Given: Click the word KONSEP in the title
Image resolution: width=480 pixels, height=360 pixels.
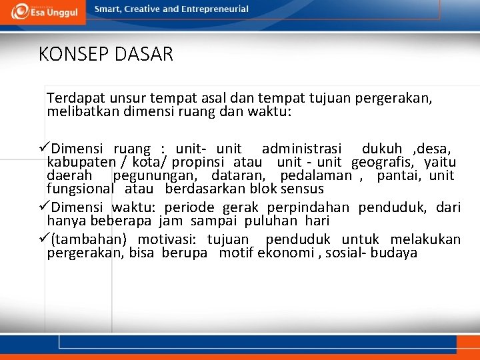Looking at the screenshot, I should click(x=66, y=54).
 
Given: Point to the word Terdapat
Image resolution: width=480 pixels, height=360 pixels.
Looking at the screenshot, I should click(x=72, y=98).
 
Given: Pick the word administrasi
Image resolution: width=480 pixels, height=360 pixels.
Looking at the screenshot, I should click(x=301, y=148).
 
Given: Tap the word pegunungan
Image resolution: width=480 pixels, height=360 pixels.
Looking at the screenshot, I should click(x=155, y=176).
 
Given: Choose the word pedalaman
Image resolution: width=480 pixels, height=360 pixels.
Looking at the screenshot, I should click(x=316, y=176).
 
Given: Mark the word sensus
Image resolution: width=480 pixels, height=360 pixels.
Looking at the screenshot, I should click(x=301, y=189).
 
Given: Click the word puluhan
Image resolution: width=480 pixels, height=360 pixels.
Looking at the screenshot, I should click(x=272, y=220).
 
